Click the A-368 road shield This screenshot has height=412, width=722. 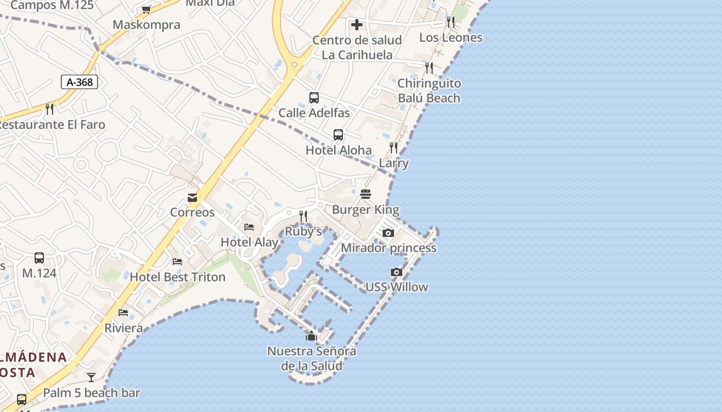pyautogui.click(x=79, y=81)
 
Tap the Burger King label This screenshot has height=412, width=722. pyautogui.click(x=365, y=210)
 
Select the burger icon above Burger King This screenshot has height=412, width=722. pyautogui.click(x=366, y=194)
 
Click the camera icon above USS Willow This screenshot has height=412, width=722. pyautogui.click(x=396, y=272)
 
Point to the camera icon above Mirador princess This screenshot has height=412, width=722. pyautogui.click(x=388, y=233)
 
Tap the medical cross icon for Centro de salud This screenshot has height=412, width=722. pyautogui.click(x=356, y=25)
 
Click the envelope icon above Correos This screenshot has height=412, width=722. pyautogui.click(x=192, y=198)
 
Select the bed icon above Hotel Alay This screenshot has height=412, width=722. pyautogui.click(x=249, y=227)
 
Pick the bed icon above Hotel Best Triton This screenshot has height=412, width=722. pyautogui.click(x=177, y=262)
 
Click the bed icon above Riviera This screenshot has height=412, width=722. pyautogui.click(x=123, y=313)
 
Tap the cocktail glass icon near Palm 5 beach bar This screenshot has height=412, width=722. pyautogui.click(x=91, y=377)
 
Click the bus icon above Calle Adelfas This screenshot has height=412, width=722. pyautogui.click(x=314, y=98)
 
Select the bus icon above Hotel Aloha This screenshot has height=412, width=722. pyautogui.click(x=338, y=135)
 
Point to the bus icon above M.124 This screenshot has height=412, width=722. pyautogui.click(x=39, y=258)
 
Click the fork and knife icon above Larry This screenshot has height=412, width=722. pyautogui.click(x=393, y=148)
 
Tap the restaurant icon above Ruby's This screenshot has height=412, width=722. pyautogui.click(x=303, y=216)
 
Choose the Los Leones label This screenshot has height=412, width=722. pyautogui.click(x=451, y=38)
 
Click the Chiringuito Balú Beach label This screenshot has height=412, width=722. pyautogui.click(x=429, y=91)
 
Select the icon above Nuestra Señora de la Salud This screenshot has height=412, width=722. pyautogui.click(x=311, y=336)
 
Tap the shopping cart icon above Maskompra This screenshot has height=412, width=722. pyautogui.click(x=146, y=9)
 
